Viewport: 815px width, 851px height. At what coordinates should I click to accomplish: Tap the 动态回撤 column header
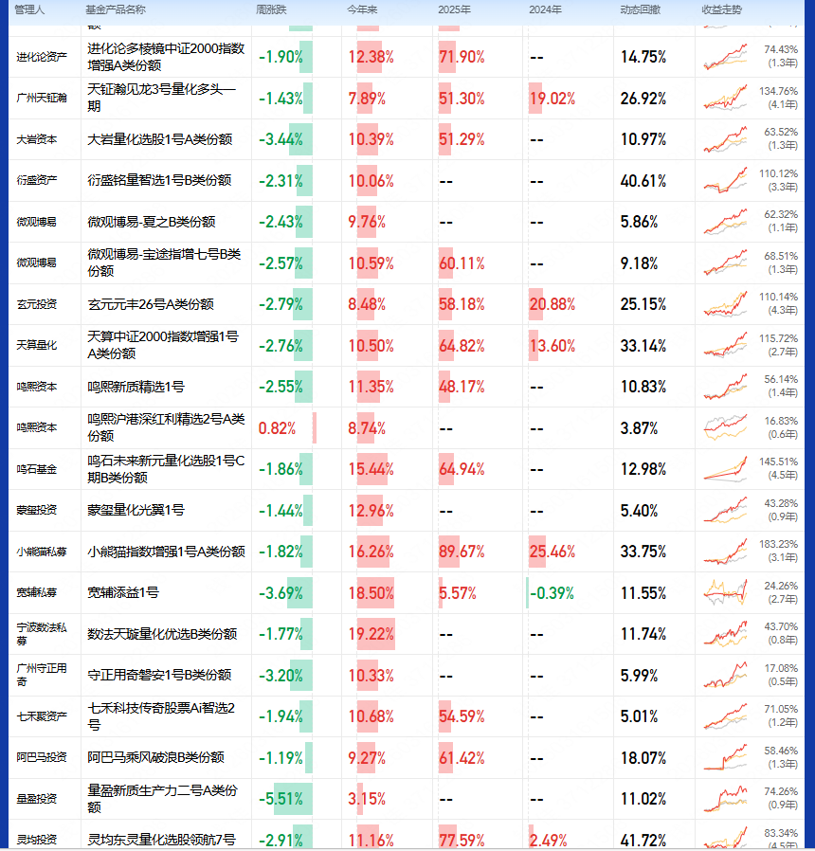[x=642, y=9]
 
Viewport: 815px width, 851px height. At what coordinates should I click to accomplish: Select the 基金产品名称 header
[x=117, y=9]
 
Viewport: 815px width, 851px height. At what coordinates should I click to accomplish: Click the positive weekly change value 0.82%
[x=277, y=428]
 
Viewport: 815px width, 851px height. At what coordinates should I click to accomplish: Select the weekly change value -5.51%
[x=281, y=799]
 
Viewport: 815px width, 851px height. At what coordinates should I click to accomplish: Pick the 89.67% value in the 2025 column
[x=462, y=552]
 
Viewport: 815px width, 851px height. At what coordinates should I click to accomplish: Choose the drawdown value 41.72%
[x=643, y=840]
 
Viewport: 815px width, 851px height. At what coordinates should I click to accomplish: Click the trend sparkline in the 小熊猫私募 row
[x=726, y=552]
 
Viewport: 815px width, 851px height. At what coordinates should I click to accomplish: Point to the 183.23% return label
[x=781, y=544]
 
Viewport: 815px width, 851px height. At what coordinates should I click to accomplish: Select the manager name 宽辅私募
[x=37, y=593]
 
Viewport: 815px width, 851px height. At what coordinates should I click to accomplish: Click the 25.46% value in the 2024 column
[x=552, y=552]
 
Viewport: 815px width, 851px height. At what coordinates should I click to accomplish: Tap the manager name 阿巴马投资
[x=43, y=758]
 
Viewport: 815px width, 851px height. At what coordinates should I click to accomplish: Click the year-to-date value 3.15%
[x=367, y=799]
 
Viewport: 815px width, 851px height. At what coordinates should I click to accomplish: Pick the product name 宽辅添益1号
[x=123, y=593]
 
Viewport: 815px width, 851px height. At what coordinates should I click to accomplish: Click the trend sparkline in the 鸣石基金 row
[x=726, y=469]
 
